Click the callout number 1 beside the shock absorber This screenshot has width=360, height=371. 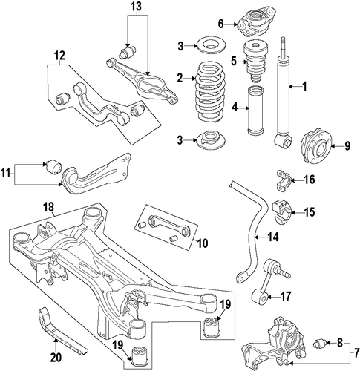304,86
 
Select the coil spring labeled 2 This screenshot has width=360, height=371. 210,91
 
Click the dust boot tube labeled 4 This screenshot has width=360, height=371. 255,111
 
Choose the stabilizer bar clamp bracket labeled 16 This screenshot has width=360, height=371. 284,180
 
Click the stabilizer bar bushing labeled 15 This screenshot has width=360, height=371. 283,213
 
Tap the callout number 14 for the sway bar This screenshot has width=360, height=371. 273,237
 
